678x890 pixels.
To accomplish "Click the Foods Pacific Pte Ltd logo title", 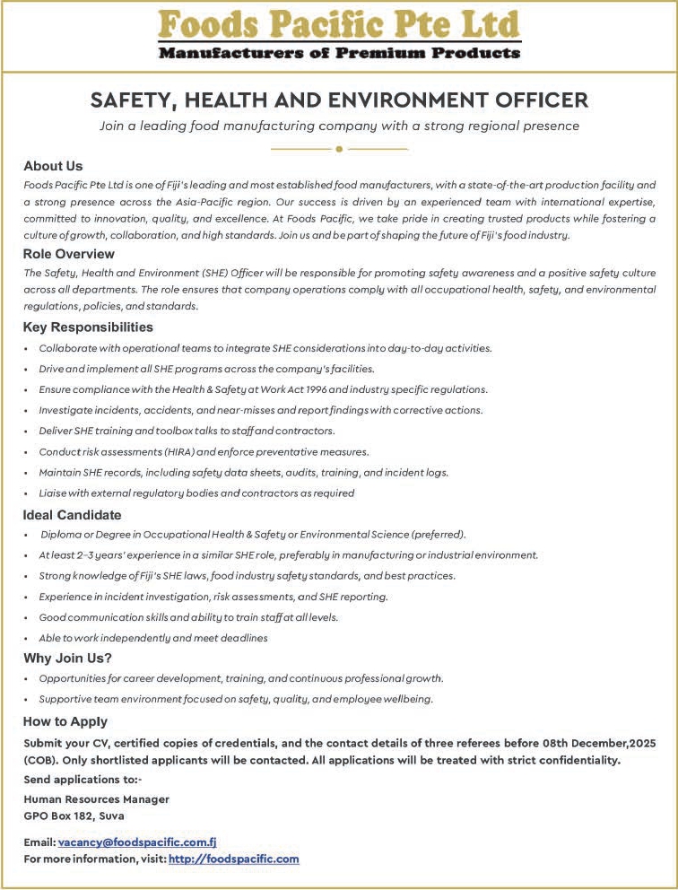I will click(339, 22).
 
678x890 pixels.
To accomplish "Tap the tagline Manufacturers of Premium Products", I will click(339, 53).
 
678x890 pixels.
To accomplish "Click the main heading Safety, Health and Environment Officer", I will click(339, 100).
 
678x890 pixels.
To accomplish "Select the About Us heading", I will click(53, 166).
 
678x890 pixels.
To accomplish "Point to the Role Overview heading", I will click(68, 254).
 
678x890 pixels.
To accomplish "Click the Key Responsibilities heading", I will click(88, 327).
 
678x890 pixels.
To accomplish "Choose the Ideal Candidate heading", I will click(72, 515).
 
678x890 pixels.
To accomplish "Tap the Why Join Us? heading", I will click(67, 659).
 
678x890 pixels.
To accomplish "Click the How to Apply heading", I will click(65, 721).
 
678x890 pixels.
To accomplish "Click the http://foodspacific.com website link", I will click(233, 859).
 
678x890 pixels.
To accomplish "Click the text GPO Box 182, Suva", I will click(74, 816).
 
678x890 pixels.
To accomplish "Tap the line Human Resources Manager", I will click(96, 798).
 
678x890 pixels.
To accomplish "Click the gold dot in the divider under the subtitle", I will click(339, 148).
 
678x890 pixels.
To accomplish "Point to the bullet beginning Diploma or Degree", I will click(251, 535).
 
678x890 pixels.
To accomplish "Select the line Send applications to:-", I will click(76, 780).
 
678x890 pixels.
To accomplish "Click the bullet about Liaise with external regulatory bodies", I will click(196, 493).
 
